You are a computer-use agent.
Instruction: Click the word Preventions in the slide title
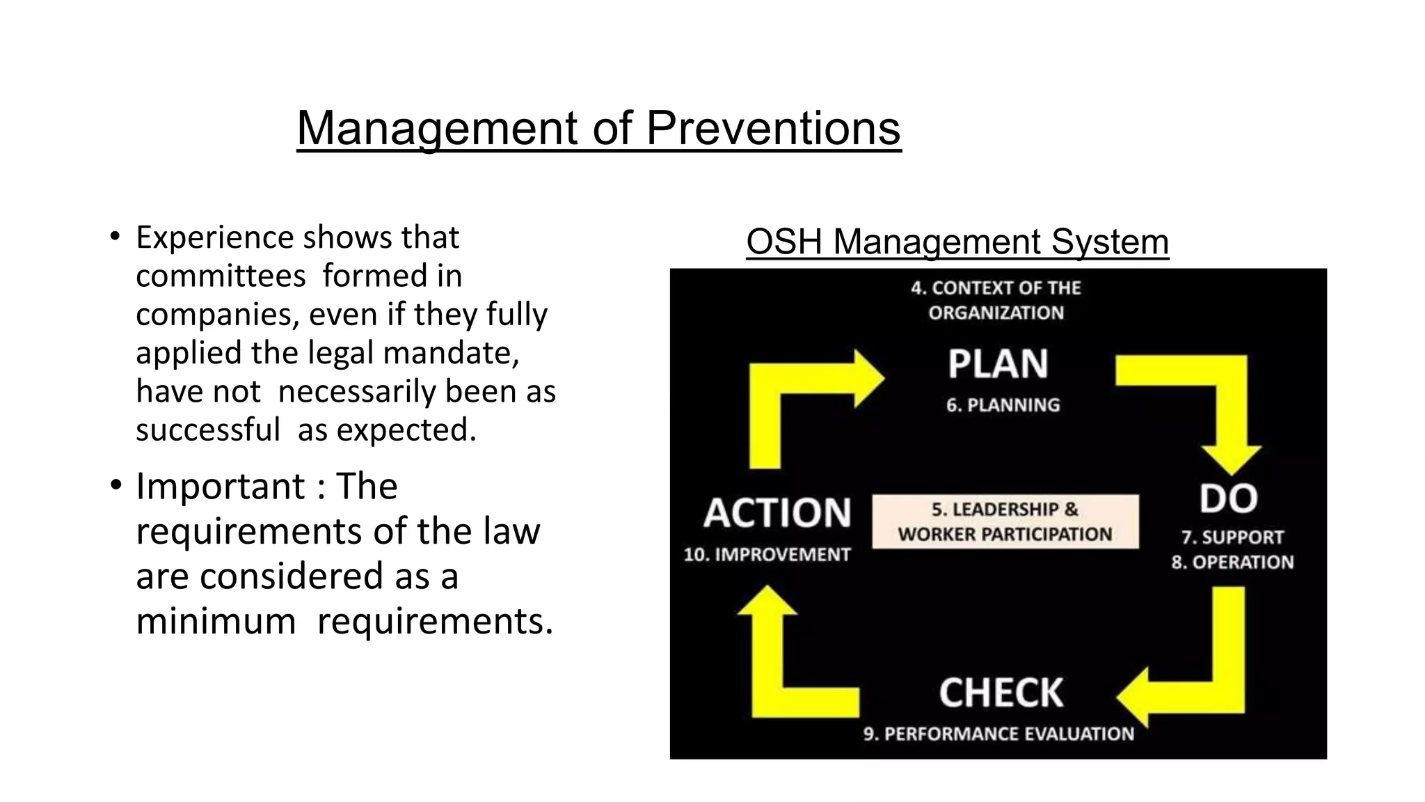pos(773,128)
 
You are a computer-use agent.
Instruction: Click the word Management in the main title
pos(437,128)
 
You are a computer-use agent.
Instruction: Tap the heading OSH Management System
pos(957,242)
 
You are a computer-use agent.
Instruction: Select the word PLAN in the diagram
pos(998,364)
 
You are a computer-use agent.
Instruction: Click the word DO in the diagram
pos(1228,499)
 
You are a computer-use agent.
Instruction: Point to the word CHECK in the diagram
pos(1001,693)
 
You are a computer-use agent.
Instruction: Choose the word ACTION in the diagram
pos(777,513)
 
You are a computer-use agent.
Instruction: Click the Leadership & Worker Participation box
pos(1005,521)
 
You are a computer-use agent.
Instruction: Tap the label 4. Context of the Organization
pos(996,300)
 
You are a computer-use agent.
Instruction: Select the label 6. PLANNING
pos(1003,405)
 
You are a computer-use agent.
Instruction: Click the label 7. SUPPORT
pos(1232,537)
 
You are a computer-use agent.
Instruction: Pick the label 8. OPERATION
pos(1232,563)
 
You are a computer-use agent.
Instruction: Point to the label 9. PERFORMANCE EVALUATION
pos(998,734)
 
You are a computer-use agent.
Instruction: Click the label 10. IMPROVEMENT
pos(767,555)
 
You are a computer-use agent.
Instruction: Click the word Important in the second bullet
pos(220,486)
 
